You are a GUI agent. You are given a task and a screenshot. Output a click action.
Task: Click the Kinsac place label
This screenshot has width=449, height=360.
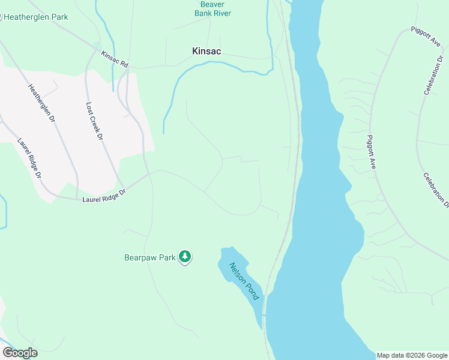tap(206, 52)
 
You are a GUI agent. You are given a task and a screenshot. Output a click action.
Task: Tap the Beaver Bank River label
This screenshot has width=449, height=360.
tap(212, 8)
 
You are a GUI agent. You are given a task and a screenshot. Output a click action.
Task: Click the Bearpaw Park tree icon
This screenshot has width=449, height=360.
tap(185, 257)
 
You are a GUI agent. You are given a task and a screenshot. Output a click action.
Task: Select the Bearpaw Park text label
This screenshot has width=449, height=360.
tap(149, 257)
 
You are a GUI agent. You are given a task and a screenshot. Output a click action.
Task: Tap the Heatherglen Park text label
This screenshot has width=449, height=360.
tap(36, 17)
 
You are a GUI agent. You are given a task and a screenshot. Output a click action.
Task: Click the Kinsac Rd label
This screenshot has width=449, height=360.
tap(115, 59)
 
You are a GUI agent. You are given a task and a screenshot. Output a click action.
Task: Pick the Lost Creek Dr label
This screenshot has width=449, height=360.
tap(95, 121)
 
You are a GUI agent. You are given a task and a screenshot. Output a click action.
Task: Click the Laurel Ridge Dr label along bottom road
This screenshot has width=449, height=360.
tap(104, 196)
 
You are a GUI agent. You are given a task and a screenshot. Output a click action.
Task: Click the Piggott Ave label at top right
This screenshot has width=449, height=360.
tap(427, 38)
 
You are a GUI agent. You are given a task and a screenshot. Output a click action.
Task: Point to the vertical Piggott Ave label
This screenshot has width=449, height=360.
tap(371, 151)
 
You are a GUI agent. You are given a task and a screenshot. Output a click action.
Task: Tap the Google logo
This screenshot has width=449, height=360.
tap(20, 353)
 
